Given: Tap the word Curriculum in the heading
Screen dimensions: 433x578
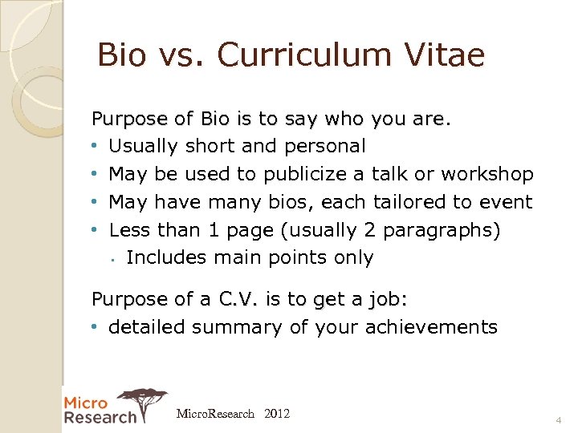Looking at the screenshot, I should pyautogui.click(x=299, y=55).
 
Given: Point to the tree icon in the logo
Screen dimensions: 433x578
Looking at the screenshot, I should pyautogui.click(x=143, y=401).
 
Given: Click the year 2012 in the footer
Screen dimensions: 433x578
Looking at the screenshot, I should pyautogui.click(x=276, y=415).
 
